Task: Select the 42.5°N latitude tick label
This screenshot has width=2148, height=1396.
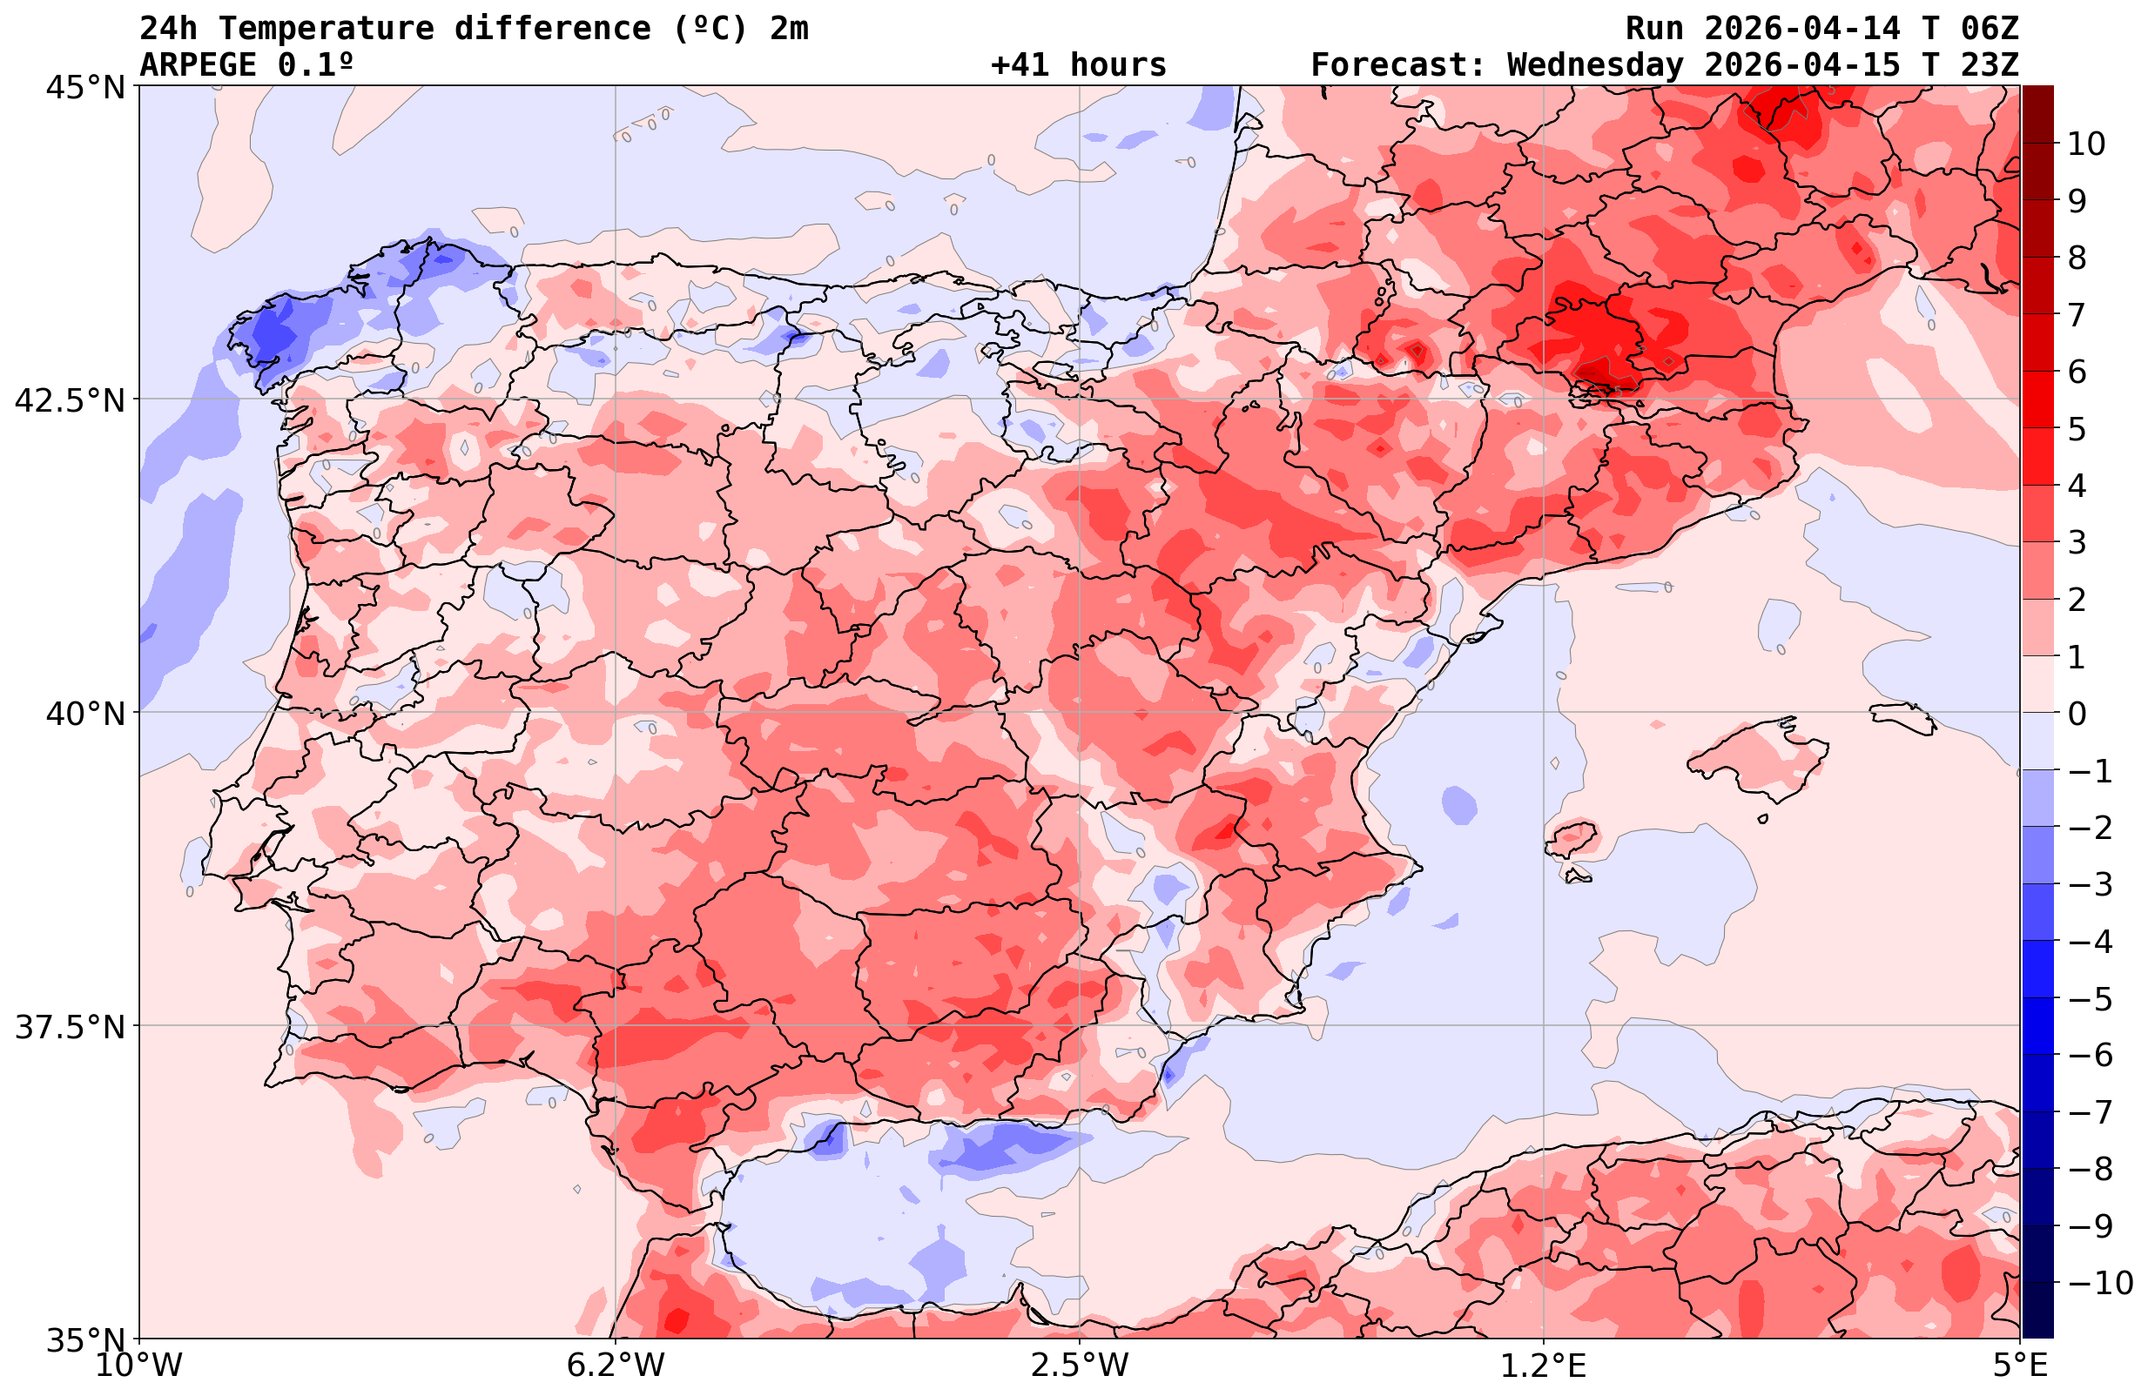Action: pos(71,399)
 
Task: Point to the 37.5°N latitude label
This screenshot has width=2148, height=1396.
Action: pos(71,1027)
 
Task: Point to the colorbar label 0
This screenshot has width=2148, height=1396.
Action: pos(2077,714)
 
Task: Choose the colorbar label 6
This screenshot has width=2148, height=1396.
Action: pos(2077,372)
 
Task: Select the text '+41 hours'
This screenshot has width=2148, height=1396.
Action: pos(1079,65)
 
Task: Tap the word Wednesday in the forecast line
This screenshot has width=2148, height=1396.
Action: pos(1595,65)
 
